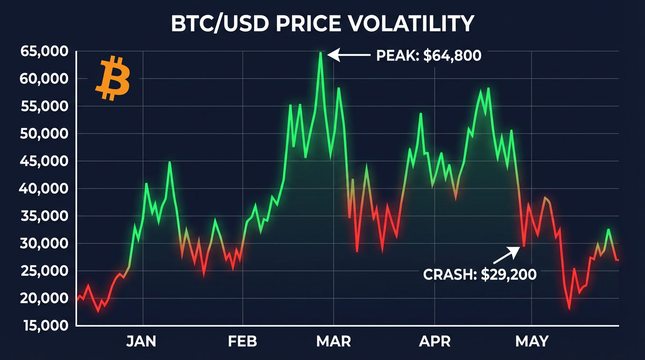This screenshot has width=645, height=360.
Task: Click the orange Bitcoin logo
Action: coord(112,79)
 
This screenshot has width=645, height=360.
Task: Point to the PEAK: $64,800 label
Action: coord(428,56)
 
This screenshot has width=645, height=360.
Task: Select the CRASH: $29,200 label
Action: coord(480,274)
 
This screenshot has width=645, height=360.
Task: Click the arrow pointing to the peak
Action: coord(349,55)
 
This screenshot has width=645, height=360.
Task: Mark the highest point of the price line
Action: coord(321,52)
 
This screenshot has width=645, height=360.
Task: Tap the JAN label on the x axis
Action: coord(141,341)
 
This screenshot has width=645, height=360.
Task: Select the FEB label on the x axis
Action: coord(242,341)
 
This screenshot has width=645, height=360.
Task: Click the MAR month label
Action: coord(333,341)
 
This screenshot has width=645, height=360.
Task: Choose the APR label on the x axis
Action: coord(435,341)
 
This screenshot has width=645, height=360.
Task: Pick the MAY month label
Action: coord(532,341)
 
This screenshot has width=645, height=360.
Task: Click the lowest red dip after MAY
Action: coord(569,308)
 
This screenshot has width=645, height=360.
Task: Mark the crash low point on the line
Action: coord(524,247)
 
